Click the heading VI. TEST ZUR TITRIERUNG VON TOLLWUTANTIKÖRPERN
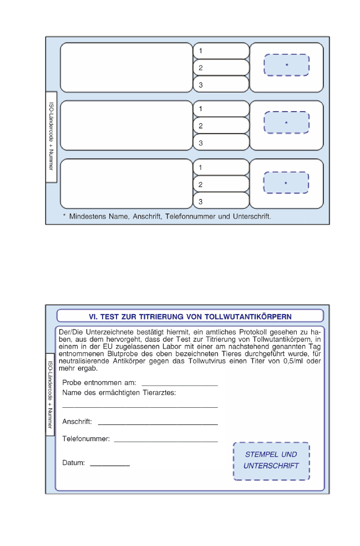pos(190,316)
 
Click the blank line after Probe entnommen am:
pos(180,383)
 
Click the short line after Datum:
pos(110,464)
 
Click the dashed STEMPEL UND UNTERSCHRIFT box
pos(271,461)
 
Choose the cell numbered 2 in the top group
pos(221,68)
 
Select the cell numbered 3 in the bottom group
pos(221,201)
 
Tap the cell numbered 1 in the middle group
pos(221,109)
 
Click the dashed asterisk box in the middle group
pos(286,122)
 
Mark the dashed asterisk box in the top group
pos(286,65)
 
